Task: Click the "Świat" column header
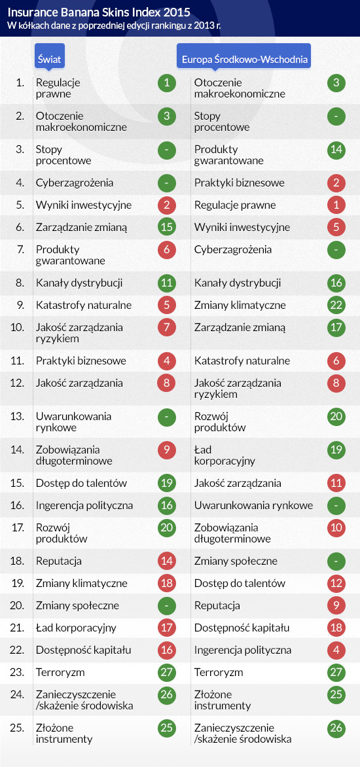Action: click(49, 59)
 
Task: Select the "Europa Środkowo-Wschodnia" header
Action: click(244, 59)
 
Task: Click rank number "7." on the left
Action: click(20, 249)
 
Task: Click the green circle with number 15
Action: click(167, 228)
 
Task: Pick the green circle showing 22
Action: click(336, 305)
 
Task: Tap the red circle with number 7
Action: click(167, 327)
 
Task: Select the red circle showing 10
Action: click(336, 527)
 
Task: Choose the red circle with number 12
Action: click(336, 584)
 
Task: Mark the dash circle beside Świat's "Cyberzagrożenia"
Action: click(167, 183)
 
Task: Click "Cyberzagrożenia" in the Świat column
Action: click(75, 183)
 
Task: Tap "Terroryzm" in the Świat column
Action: click(60, 673)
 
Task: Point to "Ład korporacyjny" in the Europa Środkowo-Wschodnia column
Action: click(225, 455)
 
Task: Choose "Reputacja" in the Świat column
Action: click(59, 562)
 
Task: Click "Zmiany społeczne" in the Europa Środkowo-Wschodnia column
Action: click(236, 561)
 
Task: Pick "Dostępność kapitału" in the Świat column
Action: click(84, 651)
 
